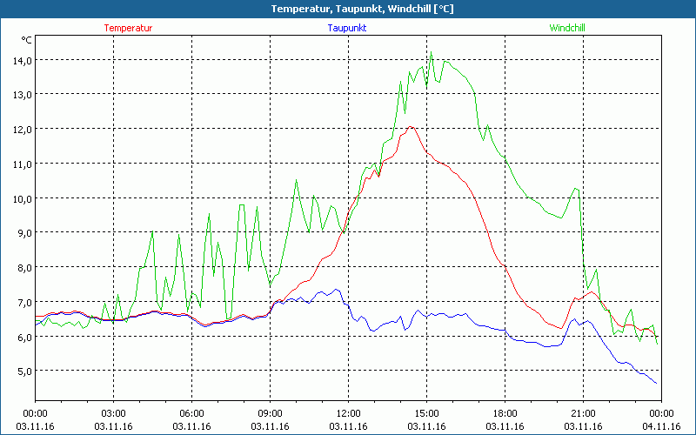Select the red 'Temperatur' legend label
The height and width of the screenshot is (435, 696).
click(x=128, y=28)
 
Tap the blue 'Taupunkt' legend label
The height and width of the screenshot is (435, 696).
click(x=347, y=28)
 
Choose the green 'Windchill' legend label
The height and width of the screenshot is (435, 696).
click(x=567, y=28)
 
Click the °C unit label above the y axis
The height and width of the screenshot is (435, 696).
click(x=26, y=40)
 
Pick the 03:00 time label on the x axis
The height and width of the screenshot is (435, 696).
click(x=114, y=413)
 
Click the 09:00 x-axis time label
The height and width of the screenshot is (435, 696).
click(x=270, y=413)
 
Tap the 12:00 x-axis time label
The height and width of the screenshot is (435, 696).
click(x=348, y=413)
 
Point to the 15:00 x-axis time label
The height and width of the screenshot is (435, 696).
click(x=426, y=413)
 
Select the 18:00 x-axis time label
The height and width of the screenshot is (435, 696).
click(x=505, y=413)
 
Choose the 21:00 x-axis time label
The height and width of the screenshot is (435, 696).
click(x=583, y=413)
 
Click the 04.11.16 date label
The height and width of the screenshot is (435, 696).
click(x=660, y=427)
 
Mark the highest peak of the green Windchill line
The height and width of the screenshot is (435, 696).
click(x=431, y=54)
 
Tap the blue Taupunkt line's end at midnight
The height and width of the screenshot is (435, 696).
click(x=657, y=383)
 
